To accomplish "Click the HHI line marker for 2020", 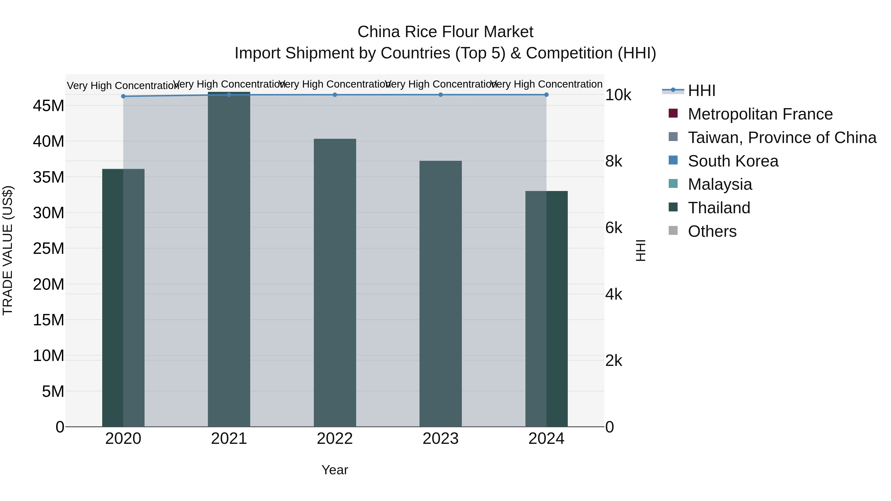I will coord(123,96).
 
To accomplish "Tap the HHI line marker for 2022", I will coord(335,95).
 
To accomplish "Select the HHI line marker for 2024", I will coord(546,95).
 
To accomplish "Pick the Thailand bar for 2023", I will coord(441,294).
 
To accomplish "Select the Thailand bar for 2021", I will coord(229,259).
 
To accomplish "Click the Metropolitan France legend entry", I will coord(760,114).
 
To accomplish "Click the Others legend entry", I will coord(712,231).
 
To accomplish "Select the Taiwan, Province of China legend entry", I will coord(782,138).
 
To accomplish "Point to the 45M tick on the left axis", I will coord(49,106).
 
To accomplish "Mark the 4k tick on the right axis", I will coord(614,295).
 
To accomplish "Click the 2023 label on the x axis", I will coord(441,439).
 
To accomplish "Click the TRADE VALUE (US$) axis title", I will coord(8,250).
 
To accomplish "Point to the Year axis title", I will coord(335,470).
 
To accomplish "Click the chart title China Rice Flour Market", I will coord(445,32).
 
